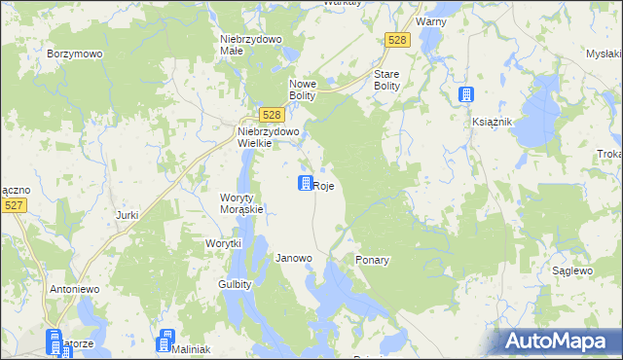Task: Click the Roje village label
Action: pos(325,185)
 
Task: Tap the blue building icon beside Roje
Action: pos(305,183)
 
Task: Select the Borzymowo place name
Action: pos(75,54)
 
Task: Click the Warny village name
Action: pos(430,20)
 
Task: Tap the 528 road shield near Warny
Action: pos(397,39)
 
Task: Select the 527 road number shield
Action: pos(14,205)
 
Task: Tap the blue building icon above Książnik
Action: pos(466,94)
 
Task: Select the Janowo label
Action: pos(294,259)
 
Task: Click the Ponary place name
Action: pos(373,261)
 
